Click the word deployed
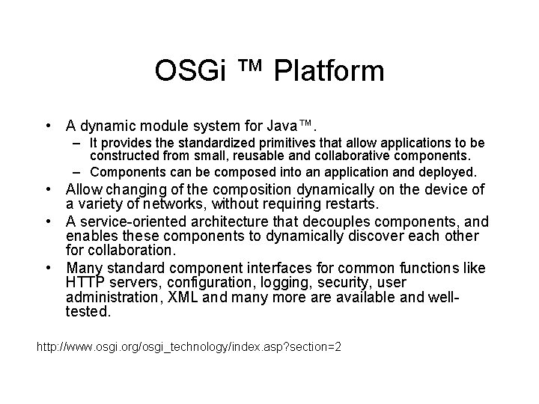[x=448, y=172]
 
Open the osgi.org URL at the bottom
[x=189, y=348]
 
